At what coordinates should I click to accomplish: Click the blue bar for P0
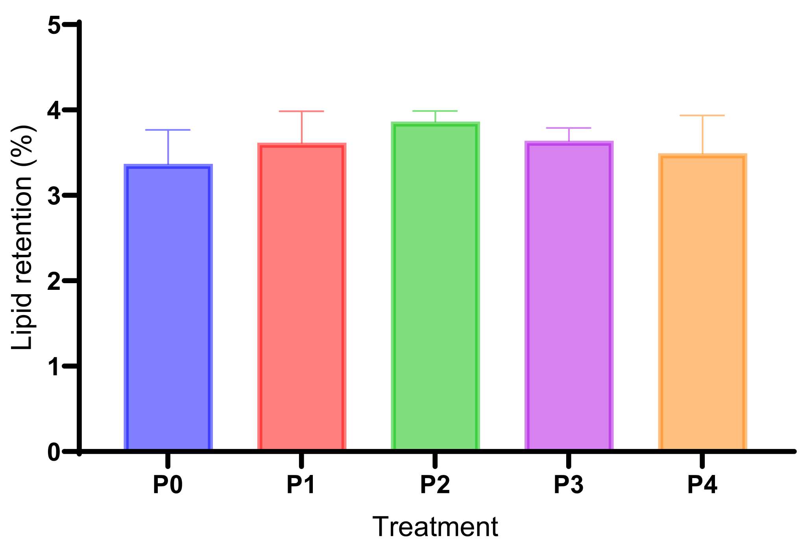(168, 307)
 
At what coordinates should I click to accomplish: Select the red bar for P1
(301, 297)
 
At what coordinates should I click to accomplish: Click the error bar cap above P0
(168, 130)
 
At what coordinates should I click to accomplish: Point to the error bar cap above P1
(301, 111)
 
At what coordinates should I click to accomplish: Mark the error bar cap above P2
(435, 111)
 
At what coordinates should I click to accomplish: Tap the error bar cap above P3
(569, 128)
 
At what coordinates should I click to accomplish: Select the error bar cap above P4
(702, 115)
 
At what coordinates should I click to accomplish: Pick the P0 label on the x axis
(168, 485)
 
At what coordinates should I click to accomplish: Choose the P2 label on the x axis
(435, 485)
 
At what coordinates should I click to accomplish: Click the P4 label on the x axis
(702, 485)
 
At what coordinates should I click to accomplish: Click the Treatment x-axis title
(435, 527)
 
